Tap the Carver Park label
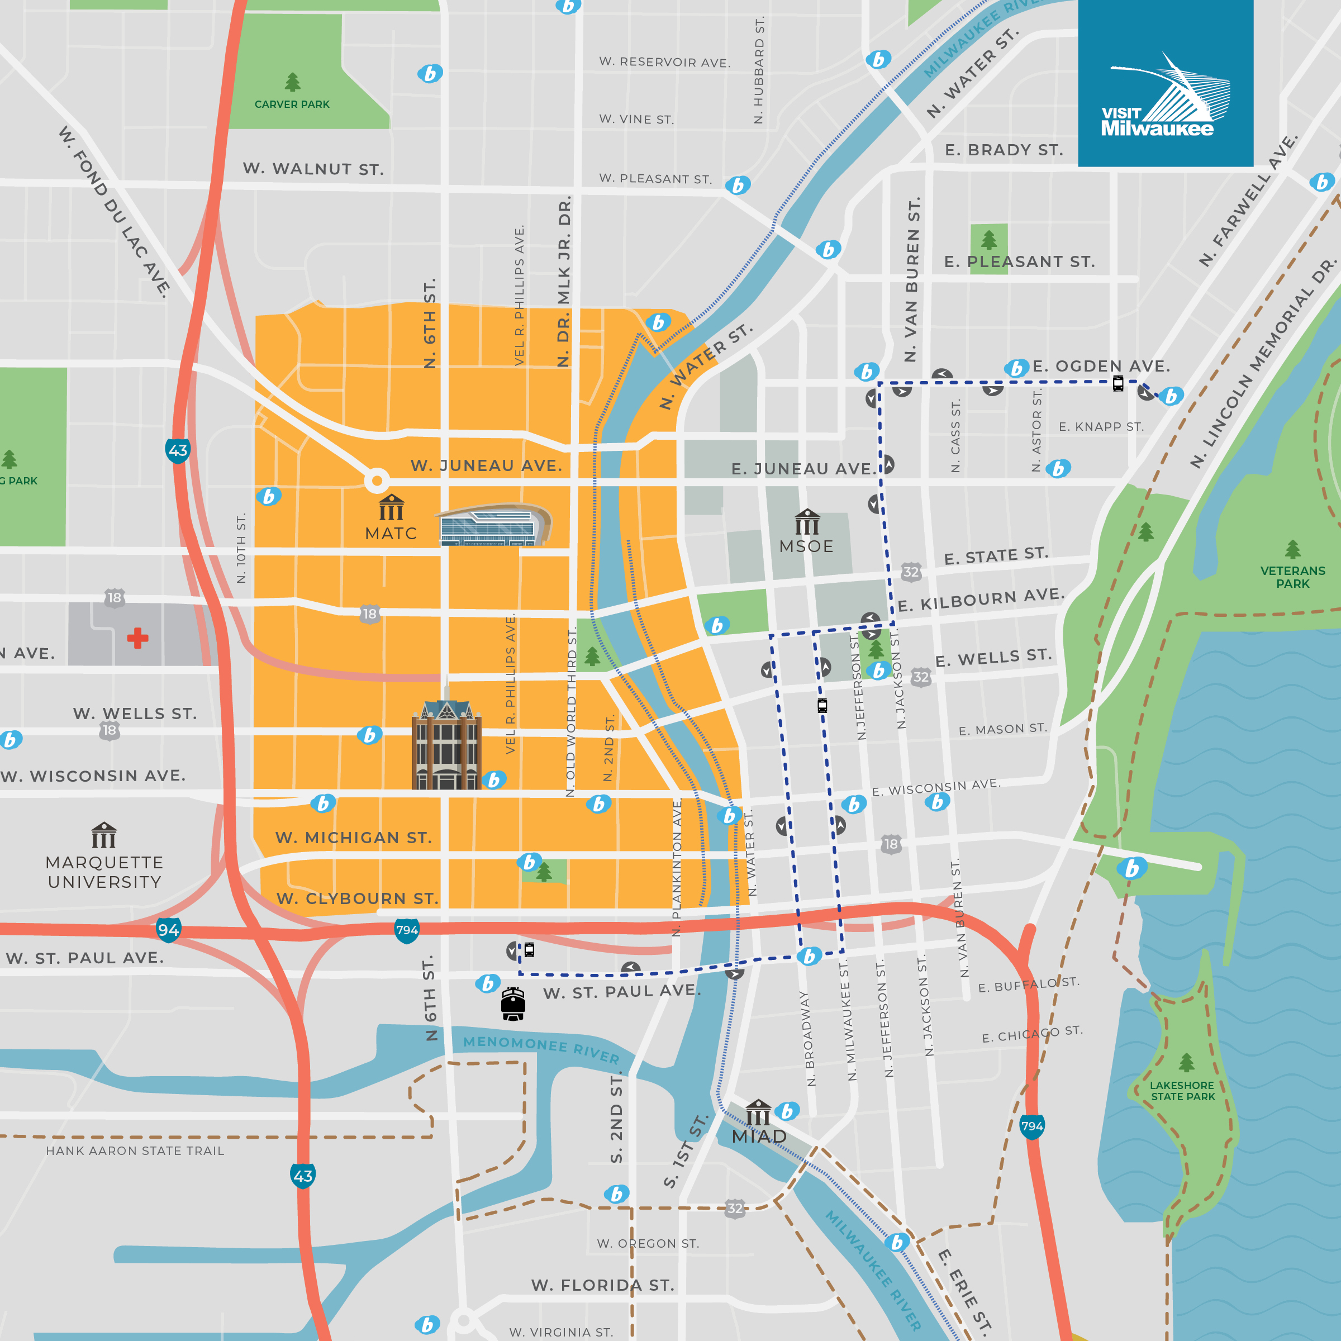(292, 104)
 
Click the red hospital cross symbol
(137, 638)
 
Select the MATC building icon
(392, 507)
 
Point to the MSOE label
(806, 546)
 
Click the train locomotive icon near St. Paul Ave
(513, 1004)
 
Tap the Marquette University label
(104, 872)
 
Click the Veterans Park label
(1292, 577)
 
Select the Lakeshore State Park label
(1182, 1091)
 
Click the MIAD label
(759, 1136)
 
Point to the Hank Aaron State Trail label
(135, 1151)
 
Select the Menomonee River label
(541, 1049)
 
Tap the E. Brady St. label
(1003, 150)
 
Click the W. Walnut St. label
(313, 169)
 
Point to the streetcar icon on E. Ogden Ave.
(1117, 383)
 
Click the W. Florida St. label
(602, 1286)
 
